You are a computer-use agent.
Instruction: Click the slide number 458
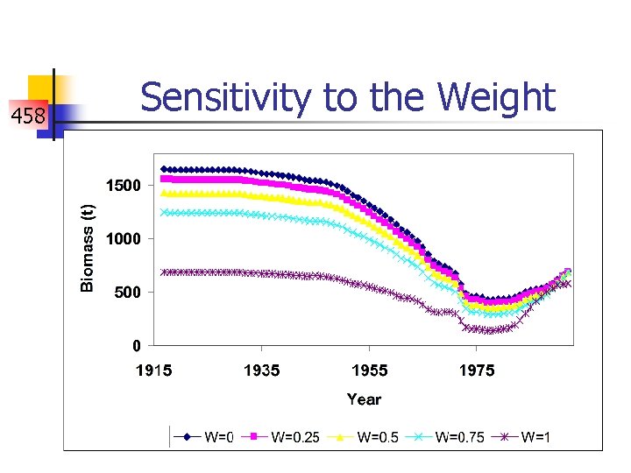point(28,115)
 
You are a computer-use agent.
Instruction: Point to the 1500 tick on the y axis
point(123,185)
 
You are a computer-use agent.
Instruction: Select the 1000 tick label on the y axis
point(123,238)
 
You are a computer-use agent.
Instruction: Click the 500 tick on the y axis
point(127,292)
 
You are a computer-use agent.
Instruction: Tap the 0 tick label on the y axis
point(136,345)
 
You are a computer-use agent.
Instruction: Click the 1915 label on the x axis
point(153,371)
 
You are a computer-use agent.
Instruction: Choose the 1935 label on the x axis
point(261,371)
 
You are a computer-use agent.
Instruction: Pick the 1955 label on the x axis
point(369,371)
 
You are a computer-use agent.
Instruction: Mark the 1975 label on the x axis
point(477,371)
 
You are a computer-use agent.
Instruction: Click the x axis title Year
point(364,399)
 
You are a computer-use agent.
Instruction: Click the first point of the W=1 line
point(164,272)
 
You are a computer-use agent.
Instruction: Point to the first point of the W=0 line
point(164,169)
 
